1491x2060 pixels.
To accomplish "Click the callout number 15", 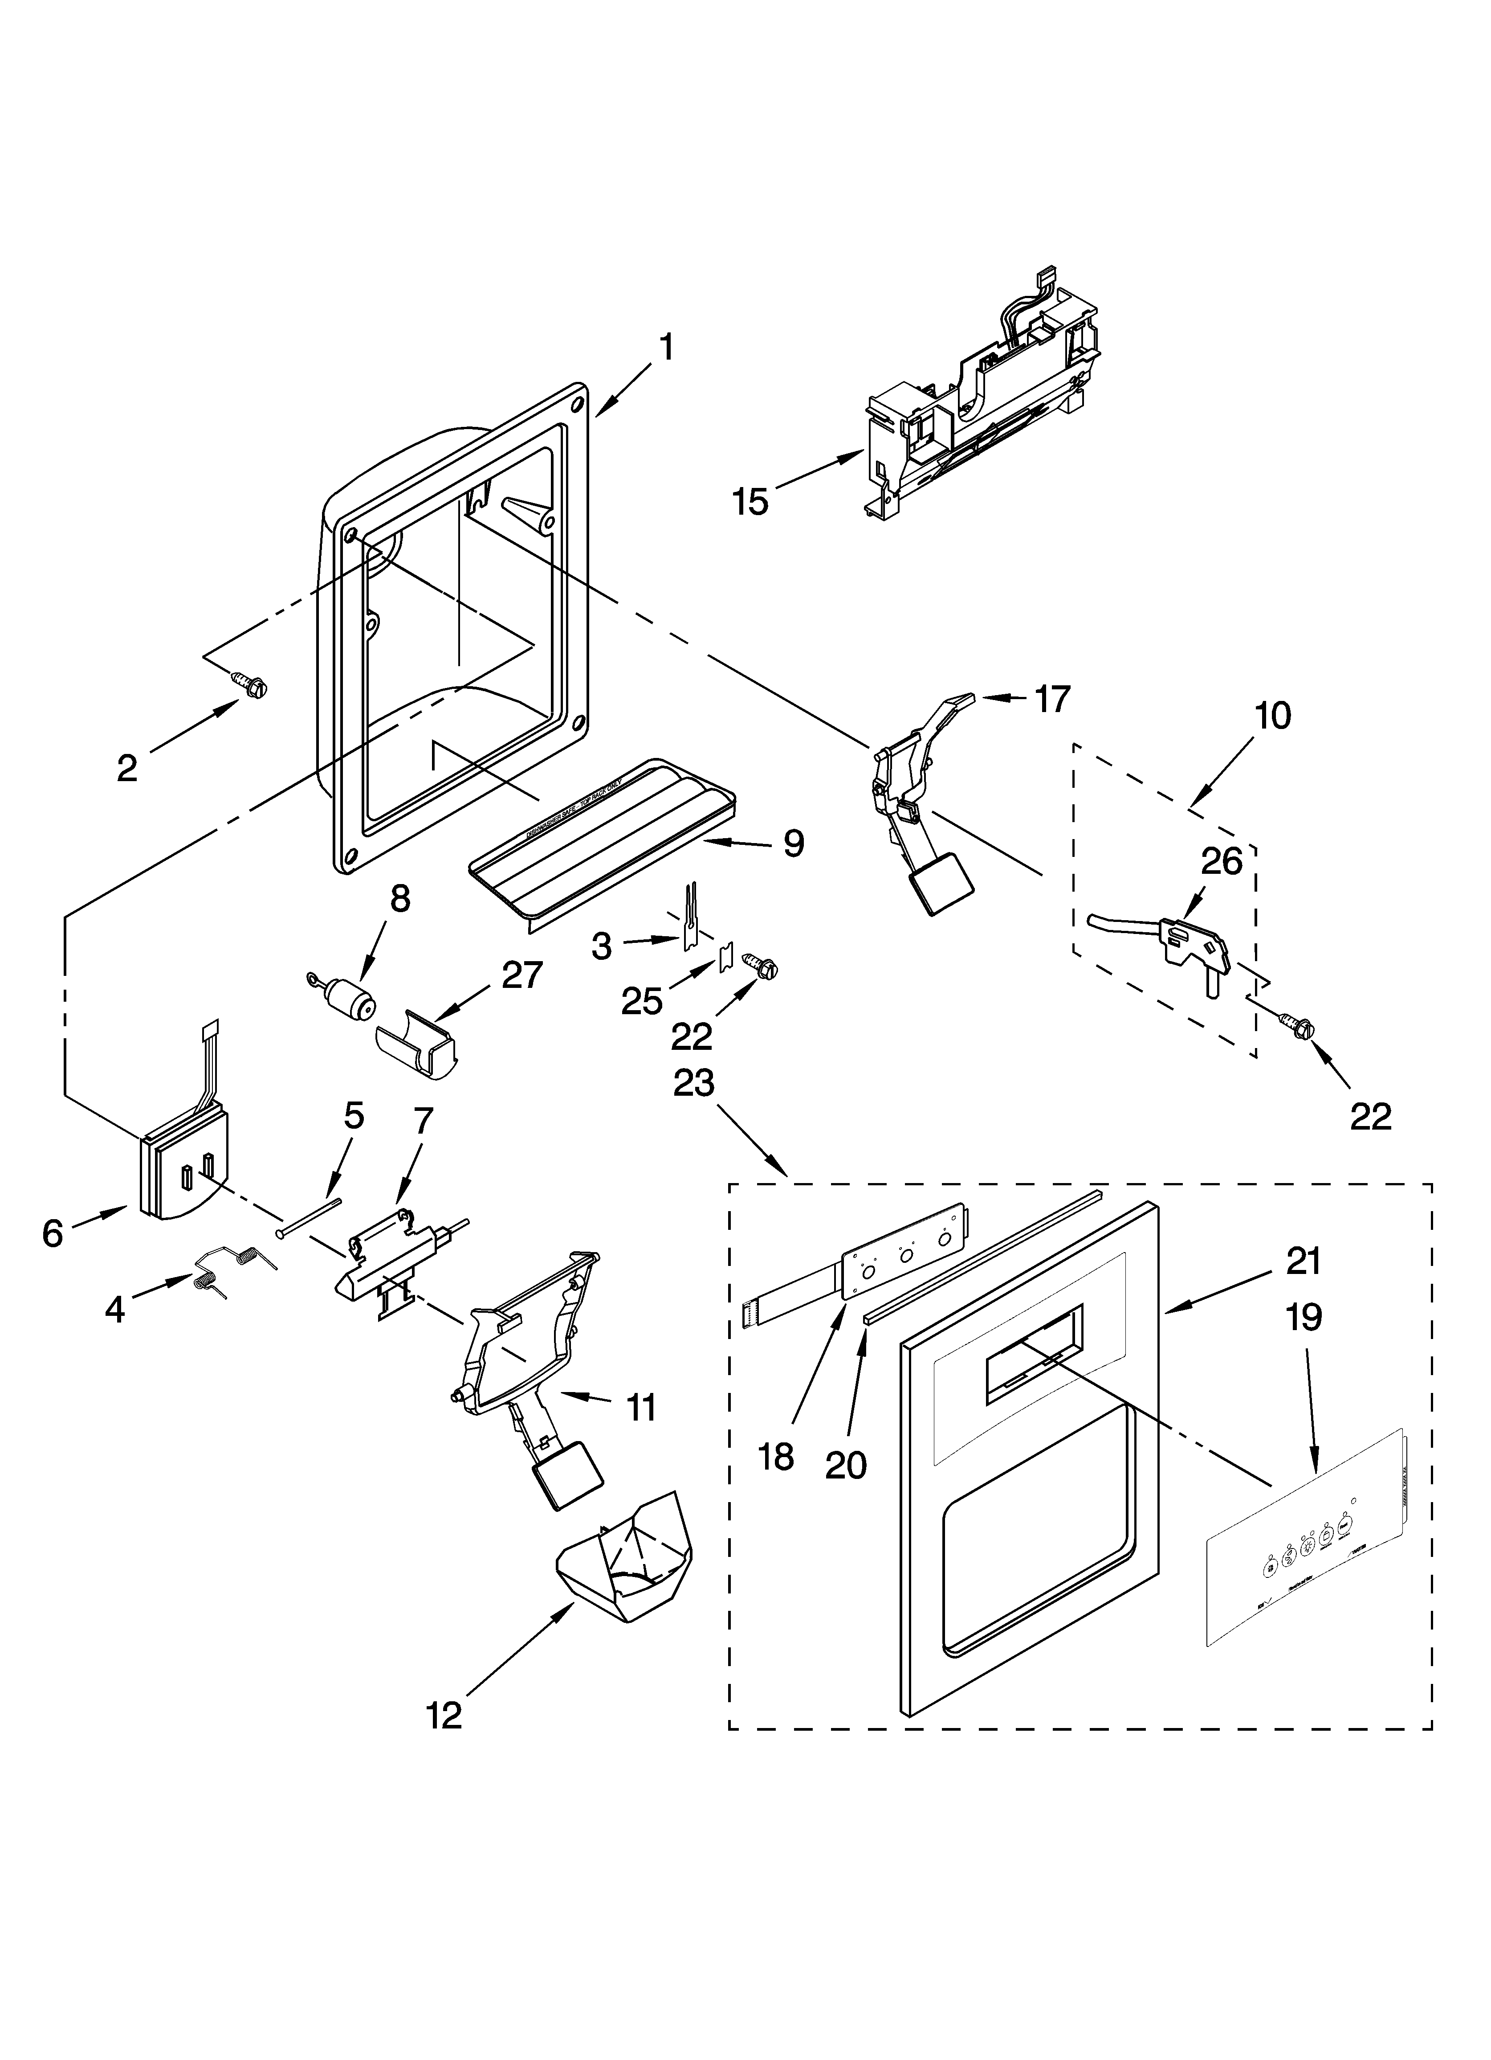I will [750, 501].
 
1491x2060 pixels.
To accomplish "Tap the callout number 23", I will [694, 1084].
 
